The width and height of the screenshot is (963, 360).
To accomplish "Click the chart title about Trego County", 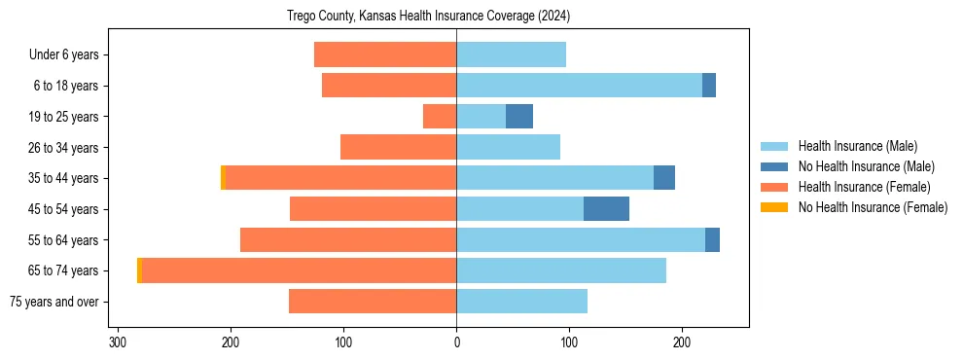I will [428, 17].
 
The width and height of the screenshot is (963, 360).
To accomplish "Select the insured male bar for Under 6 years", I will [511, 54].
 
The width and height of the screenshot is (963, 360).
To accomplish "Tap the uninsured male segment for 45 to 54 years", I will [606, 208].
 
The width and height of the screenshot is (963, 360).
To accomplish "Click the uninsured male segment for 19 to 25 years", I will [519, 116].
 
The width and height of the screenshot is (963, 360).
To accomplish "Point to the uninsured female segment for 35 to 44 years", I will [223, 177].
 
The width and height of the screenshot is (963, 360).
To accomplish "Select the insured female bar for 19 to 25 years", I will [440, 116].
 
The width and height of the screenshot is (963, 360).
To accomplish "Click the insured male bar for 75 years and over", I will [521, 301].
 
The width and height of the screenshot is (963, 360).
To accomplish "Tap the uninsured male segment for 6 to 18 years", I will [709, 86].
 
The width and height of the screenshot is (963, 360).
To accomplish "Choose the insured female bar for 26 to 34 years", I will [398, 147].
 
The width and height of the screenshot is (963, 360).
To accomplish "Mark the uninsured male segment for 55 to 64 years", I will [712, 239].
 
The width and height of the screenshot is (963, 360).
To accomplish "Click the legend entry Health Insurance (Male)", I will [857, 146].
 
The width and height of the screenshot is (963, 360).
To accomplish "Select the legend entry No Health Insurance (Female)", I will [873, 207].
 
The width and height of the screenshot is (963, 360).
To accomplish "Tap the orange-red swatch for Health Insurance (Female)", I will [774, 187].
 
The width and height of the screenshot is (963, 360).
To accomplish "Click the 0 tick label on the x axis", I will [456, 342].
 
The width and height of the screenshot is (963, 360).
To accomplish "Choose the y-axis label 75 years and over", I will [54, 301].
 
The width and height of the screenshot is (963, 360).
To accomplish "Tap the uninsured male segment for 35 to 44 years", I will [664, 177].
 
